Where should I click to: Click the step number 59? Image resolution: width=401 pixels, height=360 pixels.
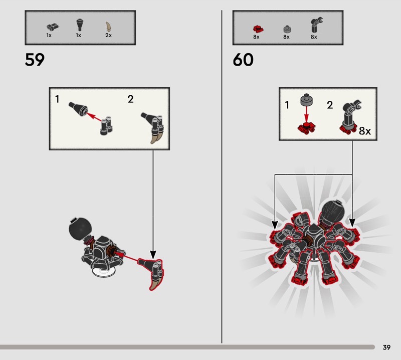pos(35,60)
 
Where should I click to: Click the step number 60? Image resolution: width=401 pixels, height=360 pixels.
pos(243,60)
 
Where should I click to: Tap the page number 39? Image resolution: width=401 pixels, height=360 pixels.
pos(386,347)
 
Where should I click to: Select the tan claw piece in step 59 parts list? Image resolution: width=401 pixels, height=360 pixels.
pos(108,27)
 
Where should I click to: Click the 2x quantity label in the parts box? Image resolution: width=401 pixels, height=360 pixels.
pos(108,35)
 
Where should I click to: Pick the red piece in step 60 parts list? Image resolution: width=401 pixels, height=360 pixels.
pos(258,29)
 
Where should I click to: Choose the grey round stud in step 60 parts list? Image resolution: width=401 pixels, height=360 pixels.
pos(287,30)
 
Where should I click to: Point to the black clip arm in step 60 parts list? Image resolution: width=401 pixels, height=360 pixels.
pos(316,25)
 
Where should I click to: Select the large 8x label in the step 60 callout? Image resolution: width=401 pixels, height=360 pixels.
pos(365,131)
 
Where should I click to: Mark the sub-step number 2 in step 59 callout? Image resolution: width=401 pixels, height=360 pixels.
pos(130,99)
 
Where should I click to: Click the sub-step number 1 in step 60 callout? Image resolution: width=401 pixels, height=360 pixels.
pos(287,105)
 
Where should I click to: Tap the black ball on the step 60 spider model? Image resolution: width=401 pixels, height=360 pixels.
pos(333,212)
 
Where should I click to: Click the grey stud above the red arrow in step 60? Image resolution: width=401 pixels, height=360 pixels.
pos(306,100)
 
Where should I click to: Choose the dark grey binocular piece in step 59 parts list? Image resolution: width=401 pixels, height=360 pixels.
pos(53,27)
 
